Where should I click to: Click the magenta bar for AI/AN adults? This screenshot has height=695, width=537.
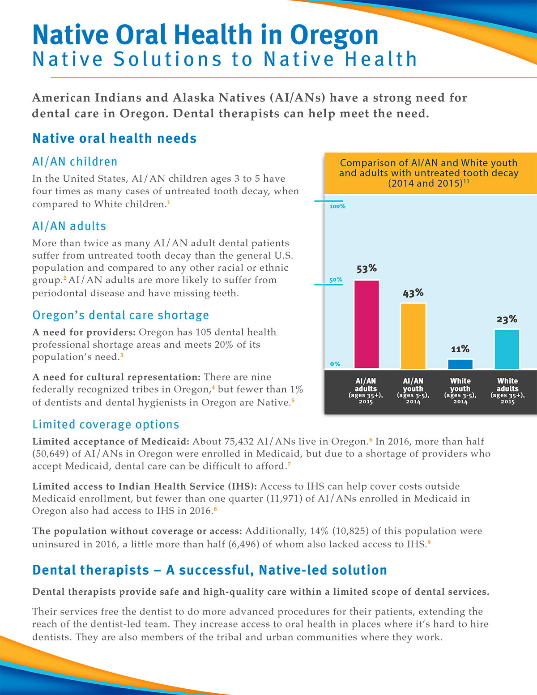367,324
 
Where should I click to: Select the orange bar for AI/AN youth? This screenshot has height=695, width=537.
413,336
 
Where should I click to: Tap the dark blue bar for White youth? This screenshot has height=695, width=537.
460,364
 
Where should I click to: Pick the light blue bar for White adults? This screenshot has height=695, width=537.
507,349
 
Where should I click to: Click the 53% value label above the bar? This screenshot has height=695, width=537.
367,269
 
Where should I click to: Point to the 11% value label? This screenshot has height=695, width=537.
460,349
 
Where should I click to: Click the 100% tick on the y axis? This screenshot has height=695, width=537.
337,206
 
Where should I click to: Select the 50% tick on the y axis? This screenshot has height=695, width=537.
336,280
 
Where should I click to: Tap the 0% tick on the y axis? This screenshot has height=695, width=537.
335,364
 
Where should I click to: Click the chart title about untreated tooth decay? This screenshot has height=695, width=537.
428,173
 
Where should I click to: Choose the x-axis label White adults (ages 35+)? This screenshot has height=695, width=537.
507,391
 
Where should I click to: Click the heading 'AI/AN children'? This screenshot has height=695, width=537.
75,162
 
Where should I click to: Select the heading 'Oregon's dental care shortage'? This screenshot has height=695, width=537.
120,315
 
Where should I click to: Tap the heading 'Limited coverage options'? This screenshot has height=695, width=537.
106,424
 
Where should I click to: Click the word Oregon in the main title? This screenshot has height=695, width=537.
334,35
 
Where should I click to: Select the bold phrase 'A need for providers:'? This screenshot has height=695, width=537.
84,333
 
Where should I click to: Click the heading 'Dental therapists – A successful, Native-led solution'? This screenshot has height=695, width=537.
209,570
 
